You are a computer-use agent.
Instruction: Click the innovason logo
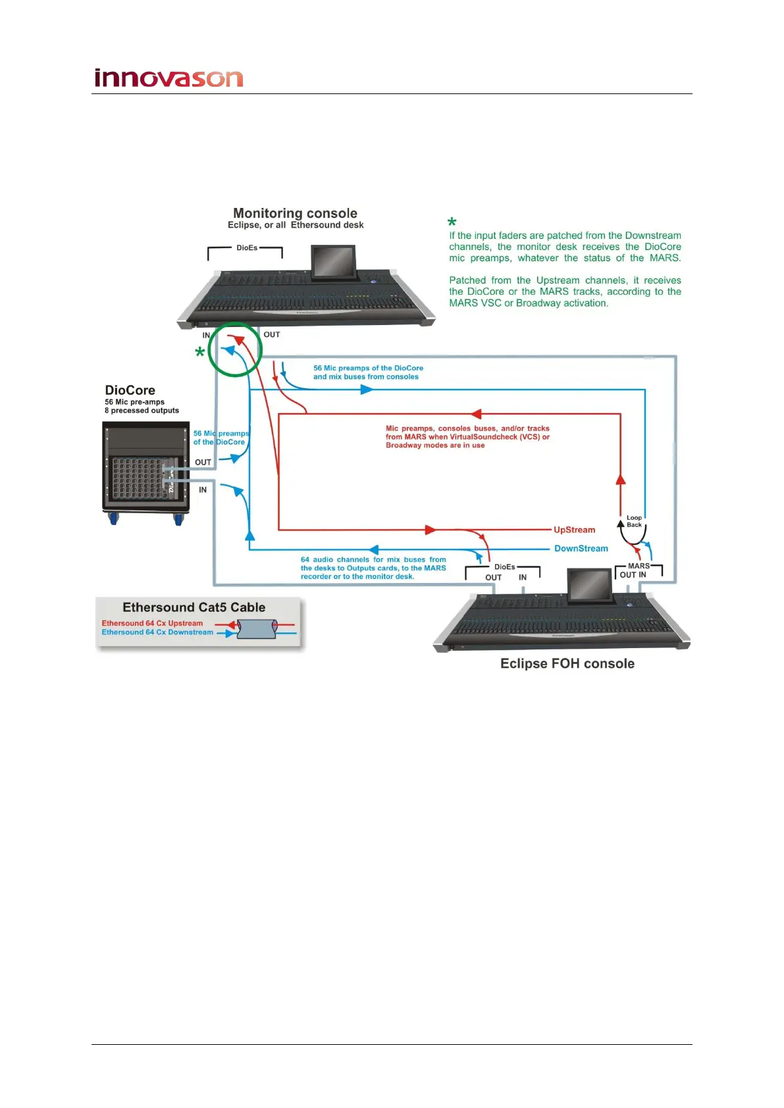point(169,78)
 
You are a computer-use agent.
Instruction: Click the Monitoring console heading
point(295,213)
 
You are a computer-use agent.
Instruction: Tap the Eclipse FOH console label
point(567,663)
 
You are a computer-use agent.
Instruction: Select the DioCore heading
point(130,390)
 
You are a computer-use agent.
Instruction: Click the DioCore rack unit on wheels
point(145,471)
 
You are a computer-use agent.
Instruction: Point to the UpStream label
point(574,530)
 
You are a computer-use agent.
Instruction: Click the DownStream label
point(581,548)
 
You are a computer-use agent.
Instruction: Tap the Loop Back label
point(634,521)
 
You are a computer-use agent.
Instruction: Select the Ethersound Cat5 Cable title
point(194,607)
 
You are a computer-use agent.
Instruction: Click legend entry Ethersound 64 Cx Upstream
point(152,623)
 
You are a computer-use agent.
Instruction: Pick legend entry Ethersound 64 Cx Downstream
point(157,632)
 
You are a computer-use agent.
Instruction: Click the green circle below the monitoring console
point(235,350)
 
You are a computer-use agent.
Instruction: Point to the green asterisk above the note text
point(452,222)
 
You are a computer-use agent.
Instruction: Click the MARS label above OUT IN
point(639,566)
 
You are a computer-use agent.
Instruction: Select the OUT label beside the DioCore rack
point(203,463)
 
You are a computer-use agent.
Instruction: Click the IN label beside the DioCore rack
point(203,490)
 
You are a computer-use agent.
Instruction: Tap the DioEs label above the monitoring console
point(247,248)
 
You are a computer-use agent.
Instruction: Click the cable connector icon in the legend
point(257,629)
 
